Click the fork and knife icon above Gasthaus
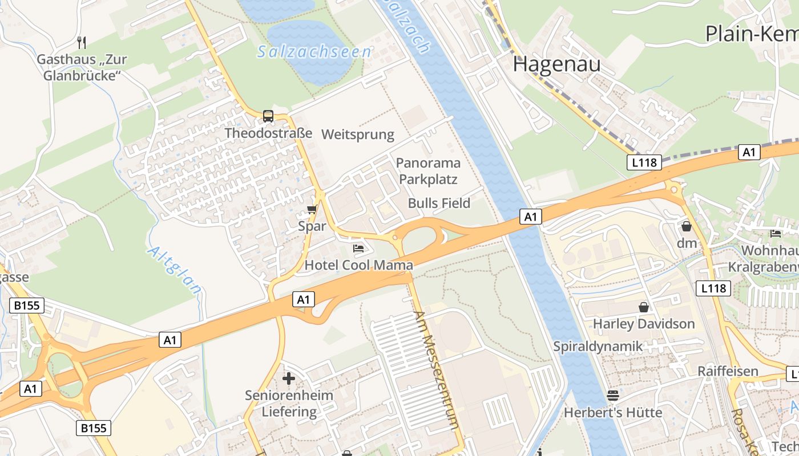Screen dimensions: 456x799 tap(82, 42)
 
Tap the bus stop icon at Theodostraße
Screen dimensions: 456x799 tap(268, 116)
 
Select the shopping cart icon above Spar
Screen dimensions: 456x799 tap(312, 209)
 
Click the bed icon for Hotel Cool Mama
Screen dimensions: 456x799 tap(358, 248)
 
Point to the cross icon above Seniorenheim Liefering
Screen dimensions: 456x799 tap(289, 378)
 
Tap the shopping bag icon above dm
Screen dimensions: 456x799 tap(686, 226)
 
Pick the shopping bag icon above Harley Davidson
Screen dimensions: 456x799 tap(644, 307)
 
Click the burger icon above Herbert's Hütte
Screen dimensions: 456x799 tap(613, 395)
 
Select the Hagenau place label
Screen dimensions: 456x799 tap(556, 64)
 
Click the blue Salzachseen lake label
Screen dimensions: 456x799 tap(314, 52)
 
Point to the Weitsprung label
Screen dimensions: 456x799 tap(358, 135)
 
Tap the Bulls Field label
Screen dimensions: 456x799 tap(439, 203)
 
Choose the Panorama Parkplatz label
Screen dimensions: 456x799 tap(427, 171)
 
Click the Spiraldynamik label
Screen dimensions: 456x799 tap(598, 346)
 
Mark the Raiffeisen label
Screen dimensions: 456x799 tap(728, 371)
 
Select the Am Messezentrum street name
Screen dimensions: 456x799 tap(437, 370)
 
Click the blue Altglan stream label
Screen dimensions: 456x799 tap(175, 270)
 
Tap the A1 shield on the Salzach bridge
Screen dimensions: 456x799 tap(531, 217)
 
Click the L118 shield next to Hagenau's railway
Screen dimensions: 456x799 tap(644, 162)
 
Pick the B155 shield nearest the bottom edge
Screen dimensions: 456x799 tap(94, 427)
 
